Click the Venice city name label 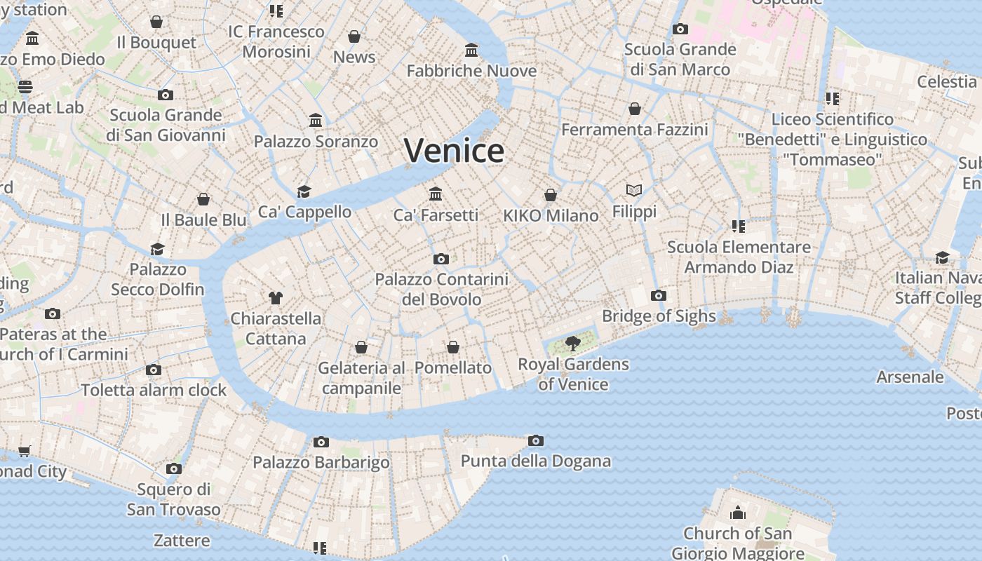tap(454, 151)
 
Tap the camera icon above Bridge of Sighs tap(658, 295)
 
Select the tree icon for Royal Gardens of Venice tap(573, 343)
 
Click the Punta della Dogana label tap(535, 461)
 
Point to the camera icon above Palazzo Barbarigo tap(321, 442)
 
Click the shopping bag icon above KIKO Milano tap(551, 194)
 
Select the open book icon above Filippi tap(634, 190)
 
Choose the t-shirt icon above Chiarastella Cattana tap(275, 298)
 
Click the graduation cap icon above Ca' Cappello tap(304, 191)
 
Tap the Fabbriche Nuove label tap(471, 71)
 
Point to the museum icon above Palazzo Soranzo tap(316, 120)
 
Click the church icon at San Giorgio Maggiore tap(737, 513)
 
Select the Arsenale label tap(910, 377)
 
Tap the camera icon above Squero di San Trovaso tap(174, 468)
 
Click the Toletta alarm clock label tap(154, 390)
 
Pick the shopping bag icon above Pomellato tap(453, 347)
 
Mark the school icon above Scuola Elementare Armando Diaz tap(738, 226)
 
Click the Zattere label tap(182, 541)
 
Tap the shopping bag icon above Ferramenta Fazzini tap(635, 109)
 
